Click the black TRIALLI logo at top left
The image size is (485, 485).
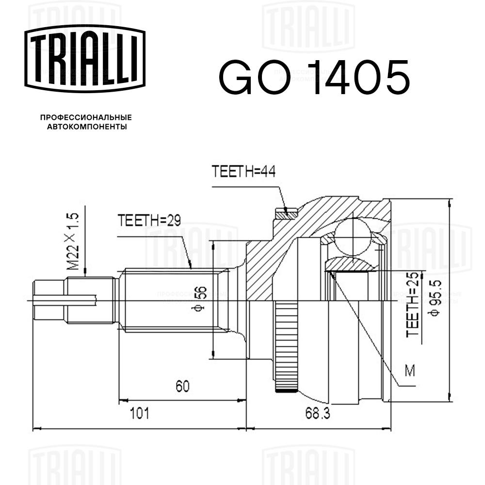[x=85, y=59]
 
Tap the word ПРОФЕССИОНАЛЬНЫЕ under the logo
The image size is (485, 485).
[x=86, y=117]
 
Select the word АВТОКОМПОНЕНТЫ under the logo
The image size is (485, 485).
[x=87, y=127]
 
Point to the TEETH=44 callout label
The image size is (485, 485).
[x=243, y=171]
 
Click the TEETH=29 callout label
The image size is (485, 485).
[x=149, y=220]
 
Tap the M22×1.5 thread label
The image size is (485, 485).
[x=73, y=241]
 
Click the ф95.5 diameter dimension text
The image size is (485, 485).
[x=433, y=297]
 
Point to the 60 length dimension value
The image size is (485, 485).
[x=182, y=387]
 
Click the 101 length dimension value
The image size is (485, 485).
[x=140, y=413]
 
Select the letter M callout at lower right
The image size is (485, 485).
[x=409, y=370]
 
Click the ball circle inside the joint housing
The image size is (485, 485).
[x=353, y=236]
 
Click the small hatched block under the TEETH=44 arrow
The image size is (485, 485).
[x=287, y=213]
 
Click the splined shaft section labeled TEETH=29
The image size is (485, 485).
[x=173, y=300]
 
